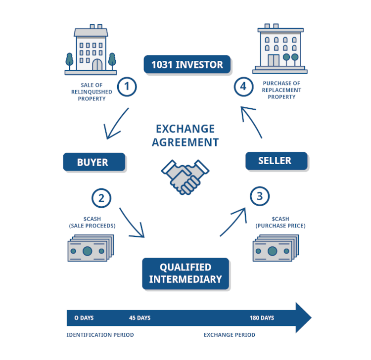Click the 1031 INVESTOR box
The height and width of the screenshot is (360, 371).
click(187, 64)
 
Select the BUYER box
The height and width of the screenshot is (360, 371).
click(94, 162)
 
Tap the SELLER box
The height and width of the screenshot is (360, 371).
click(276, 161)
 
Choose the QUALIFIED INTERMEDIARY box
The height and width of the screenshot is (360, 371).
click(185, 273)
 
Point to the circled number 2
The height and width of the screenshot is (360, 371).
click(101, 198)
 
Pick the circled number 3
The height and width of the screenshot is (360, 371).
click(260, 196)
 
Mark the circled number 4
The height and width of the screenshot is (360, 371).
click(243, 87)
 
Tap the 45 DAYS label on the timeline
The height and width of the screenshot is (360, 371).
click(139, 317)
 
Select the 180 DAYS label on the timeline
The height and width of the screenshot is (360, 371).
click(262, 317)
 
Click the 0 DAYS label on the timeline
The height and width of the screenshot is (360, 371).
click(84, 317)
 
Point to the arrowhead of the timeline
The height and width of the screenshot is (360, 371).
click(303, 317)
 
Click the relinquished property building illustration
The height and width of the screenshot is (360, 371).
click(91, 50)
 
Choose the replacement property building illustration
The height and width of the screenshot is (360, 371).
click(280, 48)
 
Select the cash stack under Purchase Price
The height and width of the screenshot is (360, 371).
click(276, 248)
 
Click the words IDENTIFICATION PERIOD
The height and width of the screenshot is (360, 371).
click(100, 335)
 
